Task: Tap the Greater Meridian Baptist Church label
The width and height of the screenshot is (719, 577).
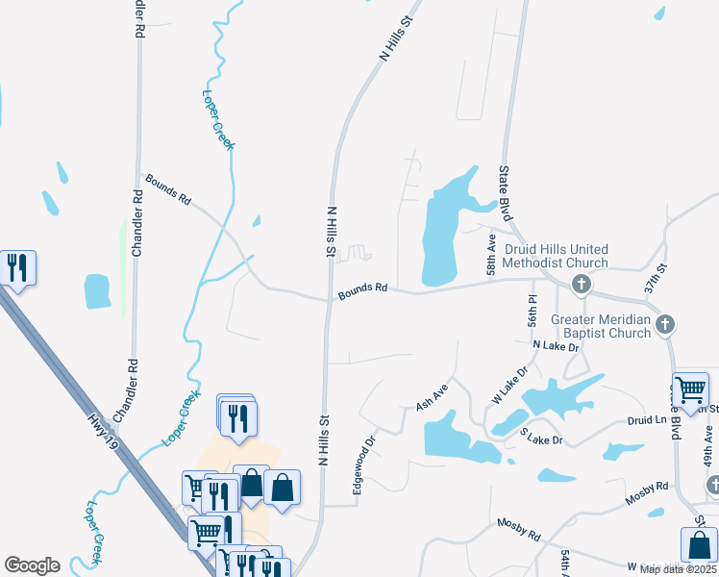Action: click(x=601, y=326)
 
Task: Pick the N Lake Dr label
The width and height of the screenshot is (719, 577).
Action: click(x=557, y=345)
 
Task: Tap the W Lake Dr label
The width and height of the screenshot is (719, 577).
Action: click(x=510, y=384)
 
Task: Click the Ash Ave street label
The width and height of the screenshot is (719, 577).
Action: click(x=432, y=400)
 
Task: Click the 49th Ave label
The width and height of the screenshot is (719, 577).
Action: click(x=708, y=448)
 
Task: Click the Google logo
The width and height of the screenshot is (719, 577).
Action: click(x=32, y=565)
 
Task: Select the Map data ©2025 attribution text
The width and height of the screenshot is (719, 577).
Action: click(x=677, y=569)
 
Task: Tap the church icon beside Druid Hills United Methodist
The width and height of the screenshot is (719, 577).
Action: click(x=581, y=285)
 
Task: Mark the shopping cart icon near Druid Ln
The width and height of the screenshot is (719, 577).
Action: click(x=690, y=390)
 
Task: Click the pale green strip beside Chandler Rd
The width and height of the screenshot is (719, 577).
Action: click(x=123, y=260)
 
